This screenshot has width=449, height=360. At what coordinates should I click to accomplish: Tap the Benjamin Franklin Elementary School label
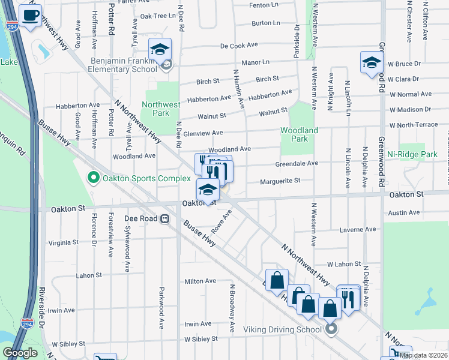point(125,65)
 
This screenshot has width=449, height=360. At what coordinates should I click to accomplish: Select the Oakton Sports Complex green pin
point(93,178)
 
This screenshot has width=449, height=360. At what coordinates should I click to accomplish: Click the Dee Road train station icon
point(163,219)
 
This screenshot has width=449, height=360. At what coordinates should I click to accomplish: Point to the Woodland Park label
point(299,134)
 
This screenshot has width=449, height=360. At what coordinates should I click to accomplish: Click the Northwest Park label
point(161,109)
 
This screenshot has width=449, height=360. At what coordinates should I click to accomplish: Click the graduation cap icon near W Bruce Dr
point(371,62)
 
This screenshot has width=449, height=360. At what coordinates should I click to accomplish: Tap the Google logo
point(20,353)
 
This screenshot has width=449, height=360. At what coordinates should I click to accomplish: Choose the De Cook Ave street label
point(239,46)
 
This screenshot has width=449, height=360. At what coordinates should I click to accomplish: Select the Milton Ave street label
point(200,281)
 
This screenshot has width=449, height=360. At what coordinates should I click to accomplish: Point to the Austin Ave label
point(404,212)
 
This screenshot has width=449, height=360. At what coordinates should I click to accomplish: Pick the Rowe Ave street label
point(221,222)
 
